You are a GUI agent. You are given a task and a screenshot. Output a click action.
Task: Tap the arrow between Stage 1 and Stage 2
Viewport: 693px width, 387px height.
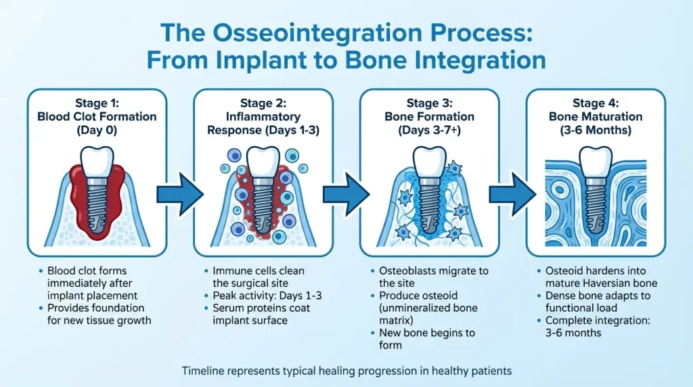click(x=180, y=194)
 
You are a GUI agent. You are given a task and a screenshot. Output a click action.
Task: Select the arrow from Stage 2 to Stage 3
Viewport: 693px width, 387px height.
click(x=346, y=194)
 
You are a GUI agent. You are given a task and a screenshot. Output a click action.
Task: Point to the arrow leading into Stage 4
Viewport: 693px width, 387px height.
click(x=512, y=194)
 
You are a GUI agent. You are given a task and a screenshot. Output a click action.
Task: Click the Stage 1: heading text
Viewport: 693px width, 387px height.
click(x=97, y=103)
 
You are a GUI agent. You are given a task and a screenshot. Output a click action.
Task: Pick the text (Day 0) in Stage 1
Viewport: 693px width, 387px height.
click(x=97, y=131)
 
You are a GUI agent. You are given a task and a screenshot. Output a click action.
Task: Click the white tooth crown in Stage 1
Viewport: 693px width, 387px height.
click(x=97, y=162)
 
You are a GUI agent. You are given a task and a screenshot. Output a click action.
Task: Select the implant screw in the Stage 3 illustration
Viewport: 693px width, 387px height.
click(x=428, y=206)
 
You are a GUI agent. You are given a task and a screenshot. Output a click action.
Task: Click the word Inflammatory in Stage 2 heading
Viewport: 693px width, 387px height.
click(x=263, y=116)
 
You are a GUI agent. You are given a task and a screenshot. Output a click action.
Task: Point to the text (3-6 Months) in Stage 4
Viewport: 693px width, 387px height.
click(x=596, y=131)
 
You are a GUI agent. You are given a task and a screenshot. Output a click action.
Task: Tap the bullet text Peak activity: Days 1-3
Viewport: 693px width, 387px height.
click(x=267, y=296)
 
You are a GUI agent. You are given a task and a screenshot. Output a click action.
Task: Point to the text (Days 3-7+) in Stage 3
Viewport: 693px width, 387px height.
click(x=430, y=131)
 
